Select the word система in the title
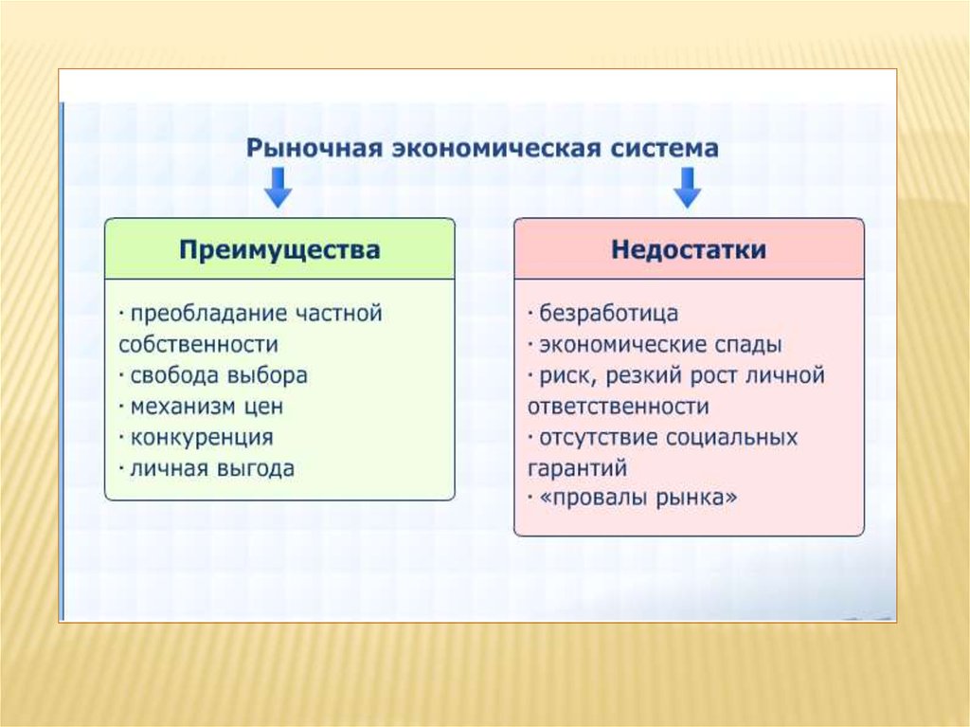tap(665, 148)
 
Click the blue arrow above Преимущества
tap(278, 188)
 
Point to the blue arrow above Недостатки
tap(688, 188)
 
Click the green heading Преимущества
tap(279, 249)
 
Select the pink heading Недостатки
tap(689, 249)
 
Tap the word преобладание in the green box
tap(209, 314)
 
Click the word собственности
tap(199, 344)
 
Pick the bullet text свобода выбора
tap(219, 375)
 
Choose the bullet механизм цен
tap(207, 407)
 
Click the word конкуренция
tap(202, 438)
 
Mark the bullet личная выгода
tap(212, 468)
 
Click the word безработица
tap(609, 314)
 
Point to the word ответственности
tap(618, 407)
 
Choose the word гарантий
tap(577, 469)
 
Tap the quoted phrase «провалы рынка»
tap(638, 498)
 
